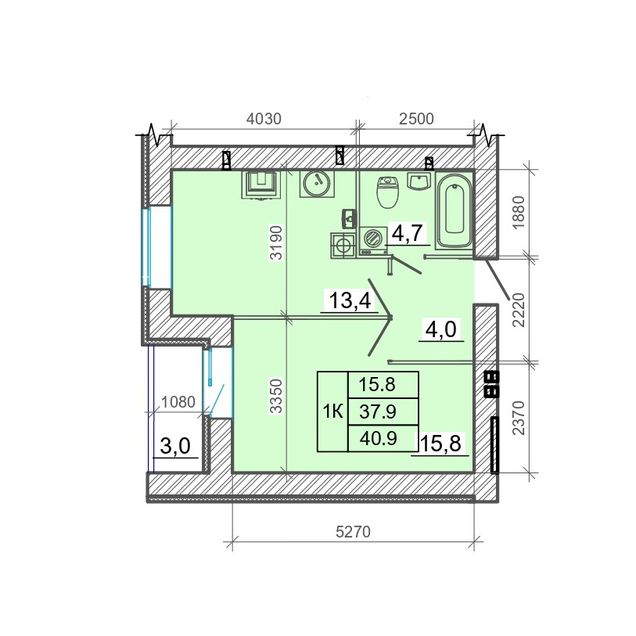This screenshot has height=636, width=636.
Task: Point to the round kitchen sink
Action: (317, 184)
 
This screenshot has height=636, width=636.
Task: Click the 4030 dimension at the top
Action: (264, 119)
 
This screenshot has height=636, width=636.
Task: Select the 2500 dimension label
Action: (416, 119)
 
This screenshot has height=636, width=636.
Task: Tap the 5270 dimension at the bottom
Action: (354, 531)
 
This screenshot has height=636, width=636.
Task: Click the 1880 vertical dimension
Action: (519, 213)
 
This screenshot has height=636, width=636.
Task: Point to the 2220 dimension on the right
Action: (519, 311)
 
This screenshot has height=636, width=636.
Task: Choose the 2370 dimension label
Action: (519, 419)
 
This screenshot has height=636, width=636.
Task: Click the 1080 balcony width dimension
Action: (178, 402)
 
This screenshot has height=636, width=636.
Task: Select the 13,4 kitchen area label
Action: (350, 301)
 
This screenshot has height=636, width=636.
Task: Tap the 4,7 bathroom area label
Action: (408, 234)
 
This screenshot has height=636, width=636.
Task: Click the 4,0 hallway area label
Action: (441, 329)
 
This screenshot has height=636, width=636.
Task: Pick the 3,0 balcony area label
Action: (175, 447)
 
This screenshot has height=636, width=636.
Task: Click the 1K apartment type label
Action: (333, 412)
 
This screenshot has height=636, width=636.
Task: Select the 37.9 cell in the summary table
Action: (378, 412)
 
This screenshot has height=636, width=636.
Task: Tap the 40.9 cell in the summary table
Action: (378, 438)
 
